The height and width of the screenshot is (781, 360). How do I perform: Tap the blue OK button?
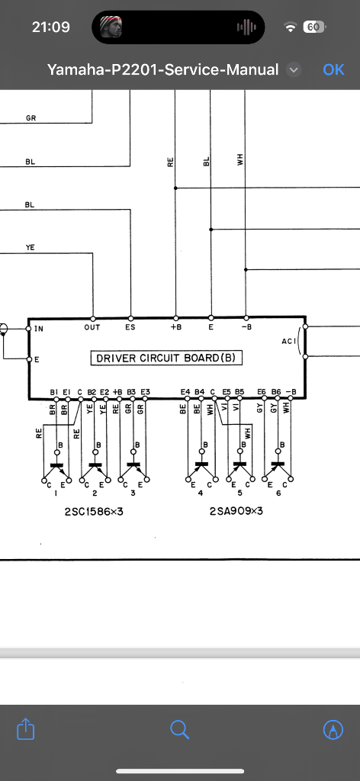pyautogui.click(x=333, y=69)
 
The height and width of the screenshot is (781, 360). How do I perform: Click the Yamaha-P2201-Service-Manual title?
pyautogui.click(x=162, y=69)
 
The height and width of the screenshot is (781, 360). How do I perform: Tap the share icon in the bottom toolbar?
pyautogui.click(x=25, y=729)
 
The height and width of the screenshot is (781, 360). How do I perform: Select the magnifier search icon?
pyautogui.click(x=180, y=730)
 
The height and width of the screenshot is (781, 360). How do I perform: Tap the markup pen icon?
pyautogui.click(x=333, y=730)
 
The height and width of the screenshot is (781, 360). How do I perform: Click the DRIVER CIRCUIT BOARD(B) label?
pyautogui.click(x=166, y=358)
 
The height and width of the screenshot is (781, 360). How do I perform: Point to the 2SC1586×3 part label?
pyautogui.click(x=94, y=512)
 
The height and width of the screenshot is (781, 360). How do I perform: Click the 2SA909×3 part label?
pyautogui.click(x=236, y=512)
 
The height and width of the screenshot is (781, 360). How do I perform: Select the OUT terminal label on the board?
pyautogui.click(x=92, y=327)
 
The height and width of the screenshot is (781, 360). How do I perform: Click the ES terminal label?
pyautogui.click(x=130, y=327)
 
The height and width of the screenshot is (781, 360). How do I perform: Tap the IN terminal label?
pyautogui.click(x=39, y=329)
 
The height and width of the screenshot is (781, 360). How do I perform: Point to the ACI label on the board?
pyautogui.click(x=289, y=341)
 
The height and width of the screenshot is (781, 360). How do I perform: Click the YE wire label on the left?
pyautogui.click(x=31, y=248)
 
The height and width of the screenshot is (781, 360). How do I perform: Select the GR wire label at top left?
pyautogui.click(x=31, y=118)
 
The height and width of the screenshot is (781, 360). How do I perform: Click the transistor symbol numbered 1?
pyautogui.click(x=56, y=468)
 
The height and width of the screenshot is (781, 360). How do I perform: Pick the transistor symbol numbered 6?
pyautogui.click(x=278, y=468)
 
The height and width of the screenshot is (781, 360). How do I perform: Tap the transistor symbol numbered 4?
pyautogui.click(x=201, y=468)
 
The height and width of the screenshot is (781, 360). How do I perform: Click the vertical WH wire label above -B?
pyautogui.click(x=240, y=161)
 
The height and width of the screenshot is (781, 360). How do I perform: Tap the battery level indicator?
pyautogui.click(x=314, y=27)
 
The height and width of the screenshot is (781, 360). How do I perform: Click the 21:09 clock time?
pyautogui.click(x=51, y=27)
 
